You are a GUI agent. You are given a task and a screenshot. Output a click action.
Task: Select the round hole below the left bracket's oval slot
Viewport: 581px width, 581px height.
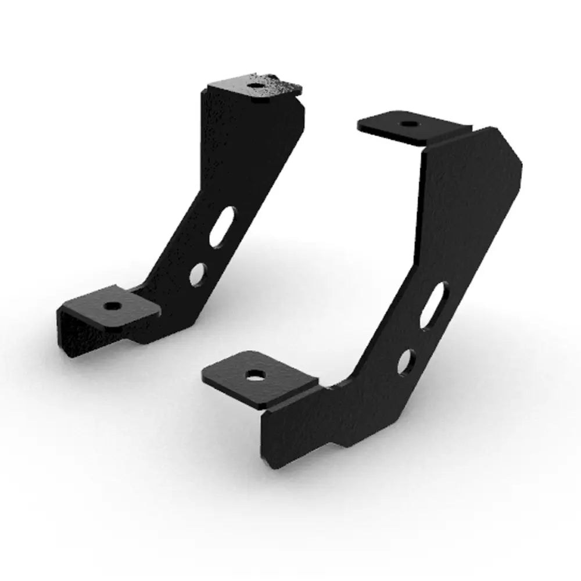(199, 273)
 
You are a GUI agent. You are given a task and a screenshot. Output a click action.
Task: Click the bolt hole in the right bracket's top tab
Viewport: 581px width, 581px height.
(407, 124)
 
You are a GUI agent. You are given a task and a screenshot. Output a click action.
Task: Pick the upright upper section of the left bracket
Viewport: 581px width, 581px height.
(244, 145)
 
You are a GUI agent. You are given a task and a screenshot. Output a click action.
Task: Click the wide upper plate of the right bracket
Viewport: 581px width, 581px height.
(465, 203)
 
